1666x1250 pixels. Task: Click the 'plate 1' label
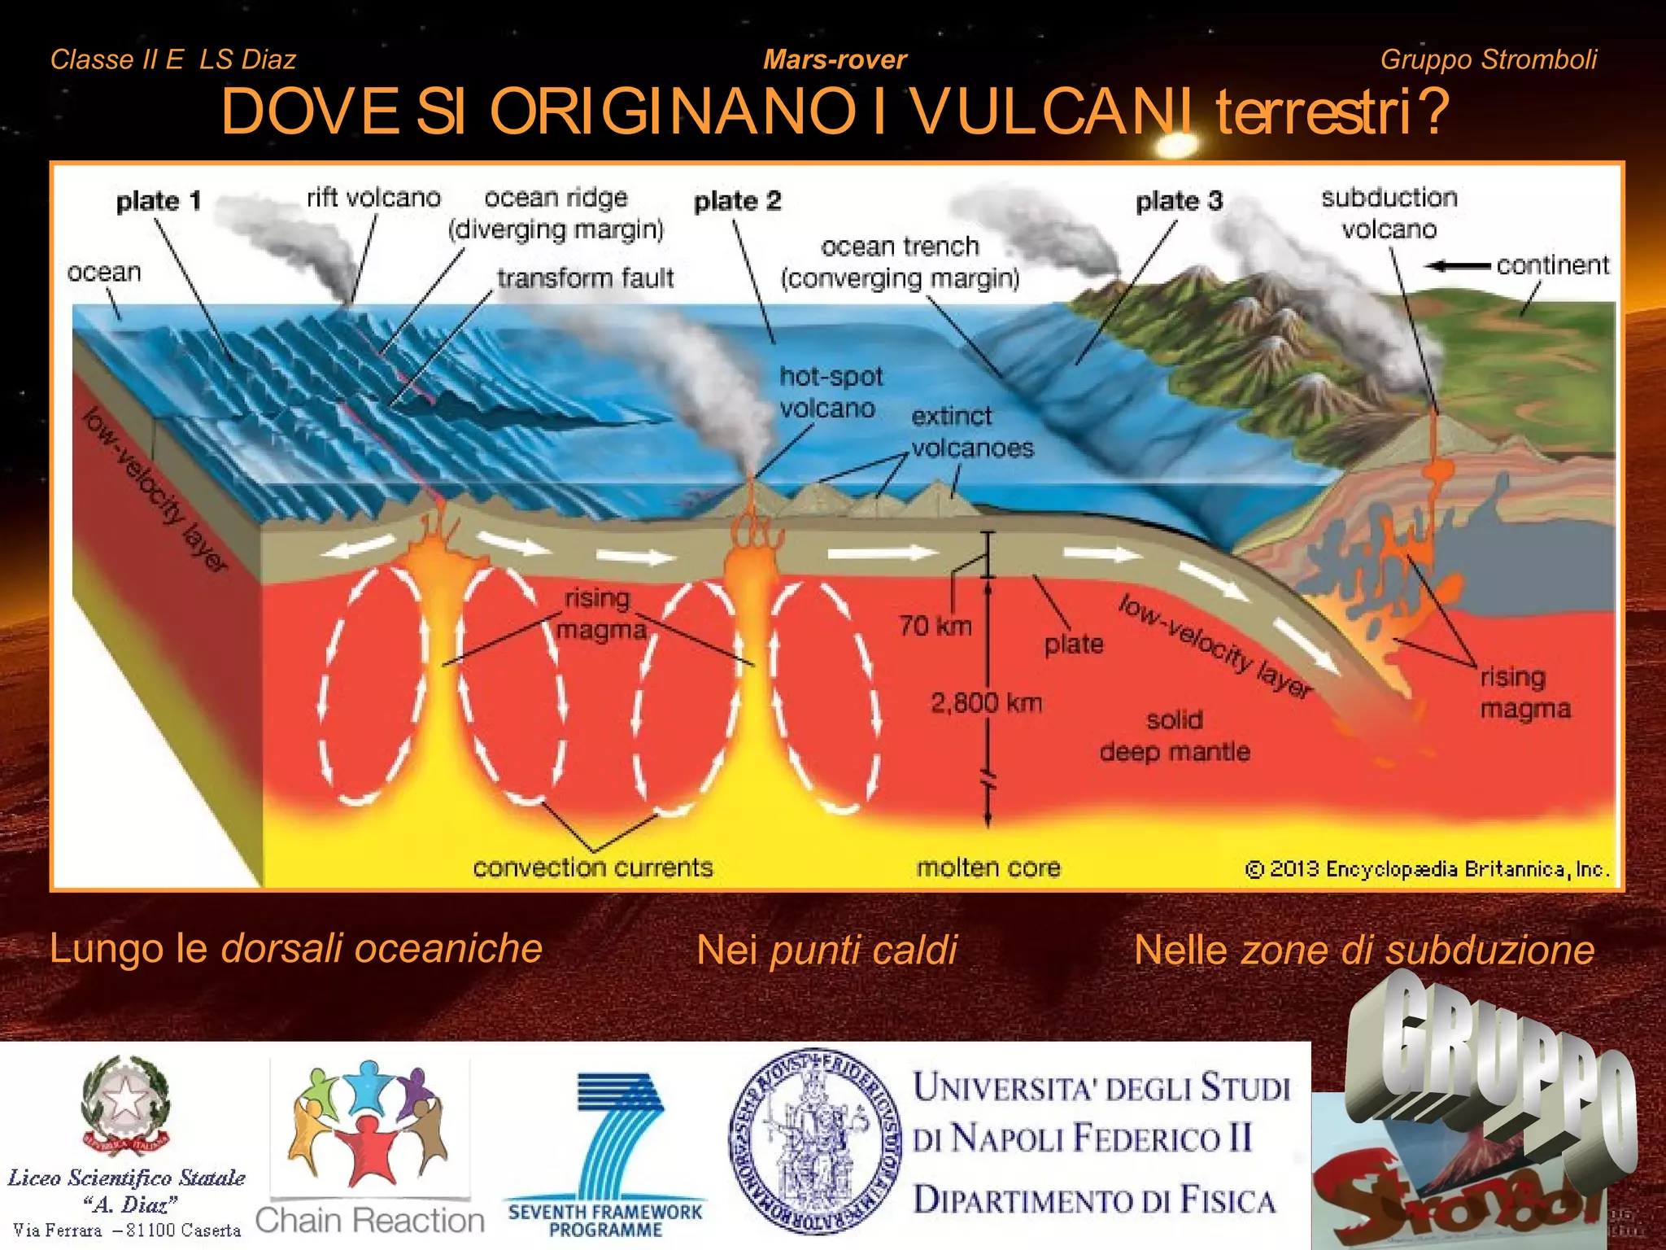tap(158, 201)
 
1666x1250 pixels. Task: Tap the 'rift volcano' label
tap(373, 198)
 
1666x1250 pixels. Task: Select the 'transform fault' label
tap(586, 278)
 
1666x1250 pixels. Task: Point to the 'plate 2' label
tap(737, 201)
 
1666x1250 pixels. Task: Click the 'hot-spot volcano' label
tap(830, 392)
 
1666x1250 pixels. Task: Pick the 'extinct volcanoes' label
tap(971, 432)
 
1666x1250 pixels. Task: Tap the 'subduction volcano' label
tap(1389, 213)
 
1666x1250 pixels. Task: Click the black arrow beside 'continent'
tap(1459, 266)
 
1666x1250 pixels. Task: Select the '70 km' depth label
tap(935, 626)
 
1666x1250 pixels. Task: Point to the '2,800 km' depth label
tap(986, 702)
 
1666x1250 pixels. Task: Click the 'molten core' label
tap(988, 868)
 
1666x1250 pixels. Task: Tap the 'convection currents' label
tap(592, 868)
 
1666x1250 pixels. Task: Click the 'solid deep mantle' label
tap(1175, 736)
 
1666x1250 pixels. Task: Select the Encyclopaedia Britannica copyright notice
tap(1427, 869)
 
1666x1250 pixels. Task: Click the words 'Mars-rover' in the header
tap(835, 59)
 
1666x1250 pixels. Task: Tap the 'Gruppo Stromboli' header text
tap(1489, 59)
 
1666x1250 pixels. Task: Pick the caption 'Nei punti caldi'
tap(826, 950)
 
